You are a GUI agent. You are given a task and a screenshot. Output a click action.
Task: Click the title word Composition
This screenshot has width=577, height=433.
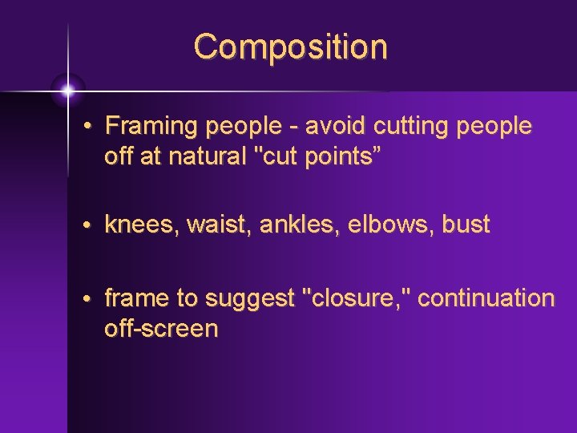(290, 47)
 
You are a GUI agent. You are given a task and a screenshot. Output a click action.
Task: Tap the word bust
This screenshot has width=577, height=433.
(464, 225)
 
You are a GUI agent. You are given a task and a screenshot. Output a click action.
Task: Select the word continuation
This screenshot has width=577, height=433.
(486, 298)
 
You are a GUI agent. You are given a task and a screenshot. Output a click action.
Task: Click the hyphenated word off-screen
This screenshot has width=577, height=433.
(161, 328)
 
